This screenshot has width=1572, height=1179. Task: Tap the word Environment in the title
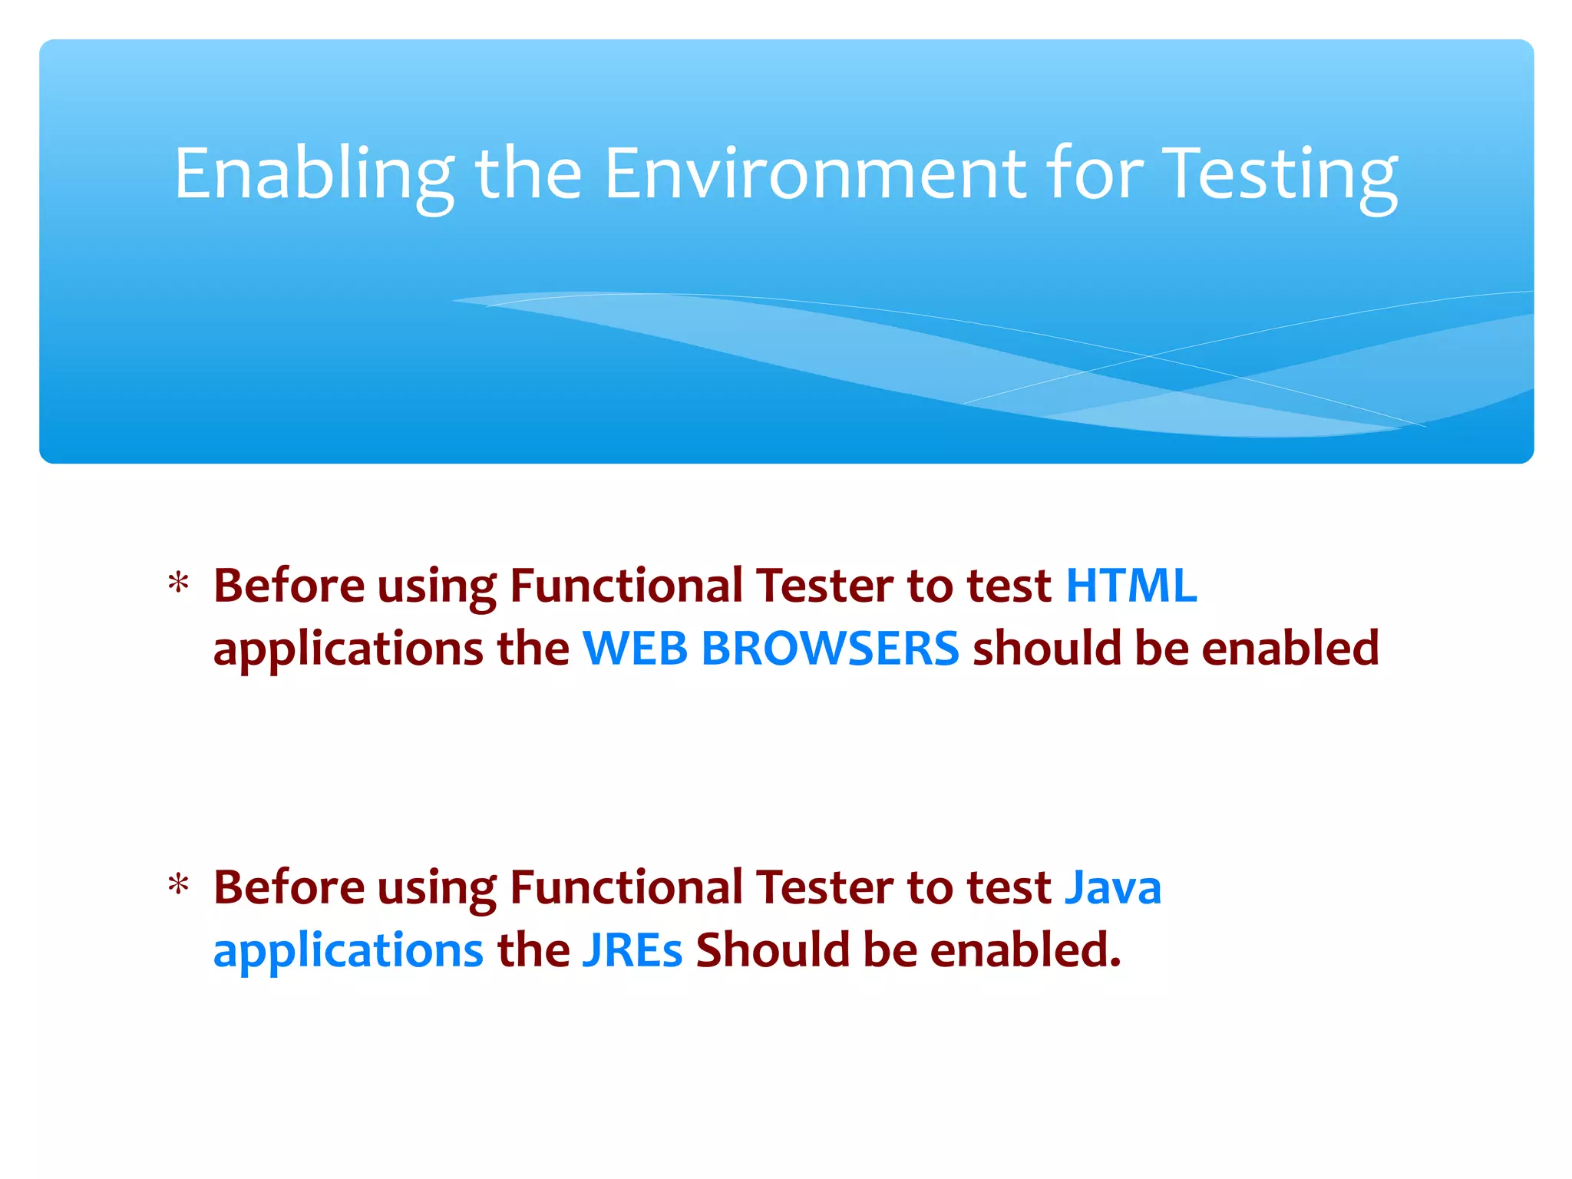pyautogui.click(x=814, y=175)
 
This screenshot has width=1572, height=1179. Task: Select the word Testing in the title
pyautogui.click(x=1280, y=175)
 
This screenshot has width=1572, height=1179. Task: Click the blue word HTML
pyautogui.click(x=1131, y=586)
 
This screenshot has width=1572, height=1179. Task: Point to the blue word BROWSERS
pyautogui.click(x=830, y=649)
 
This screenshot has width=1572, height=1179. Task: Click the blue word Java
pyautogui.click(x=1113, y=887)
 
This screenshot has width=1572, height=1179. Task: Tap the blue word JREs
pyautogui.click(x=632, y=950)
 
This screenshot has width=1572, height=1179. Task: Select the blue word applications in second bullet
pyautogui.click(x=348, y=952)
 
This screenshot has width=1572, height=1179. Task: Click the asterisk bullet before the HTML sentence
pyautogui.click(x=178, y=585)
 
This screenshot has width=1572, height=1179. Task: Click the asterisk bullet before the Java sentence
pyautogui.click(x=178, y=887)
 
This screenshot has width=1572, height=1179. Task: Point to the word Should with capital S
pyautogui.click(x=772, y=950)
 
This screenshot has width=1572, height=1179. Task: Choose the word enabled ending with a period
pyautogui.click(x=1025, y=950)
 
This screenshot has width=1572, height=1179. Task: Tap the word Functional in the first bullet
pyautogui.click(x=626, y=586)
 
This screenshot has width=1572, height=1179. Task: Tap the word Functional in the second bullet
pyautogui.click(x=626, y=887)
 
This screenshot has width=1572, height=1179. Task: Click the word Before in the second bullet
pyautogui.click(x=289, y=887)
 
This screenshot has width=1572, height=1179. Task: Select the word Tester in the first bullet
pyautogui.click(x=824, y=586)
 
